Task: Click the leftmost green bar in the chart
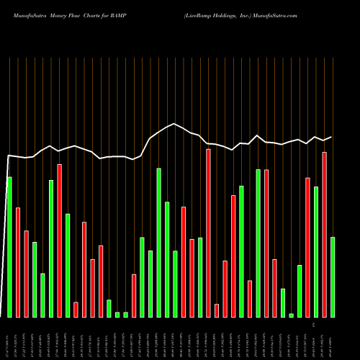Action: [9, 246]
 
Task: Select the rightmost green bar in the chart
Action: [333, 276]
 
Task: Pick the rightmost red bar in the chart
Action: [324, 234]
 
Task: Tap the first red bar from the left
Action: [18, 262]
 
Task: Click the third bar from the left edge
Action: [26, 274]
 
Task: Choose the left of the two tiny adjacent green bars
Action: [117, 314]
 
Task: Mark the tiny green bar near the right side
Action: [292, 315]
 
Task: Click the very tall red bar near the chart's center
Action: [208, 233]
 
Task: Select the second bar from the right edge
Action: [324, 234]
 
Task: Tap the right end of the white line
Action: [332, 136]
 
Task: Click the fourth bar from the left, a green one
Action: [35, 279]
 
